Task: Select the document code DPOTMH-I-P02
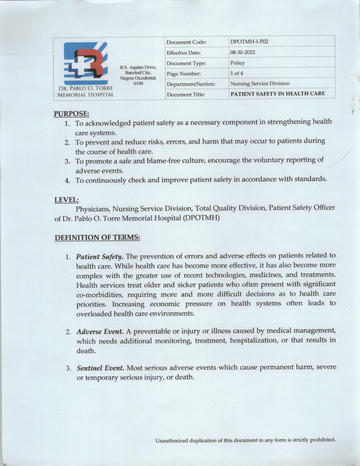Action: pos(249,42)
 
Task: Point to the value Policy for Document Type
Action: pos(237,63)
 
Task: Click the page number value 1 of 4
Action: pos(237,73)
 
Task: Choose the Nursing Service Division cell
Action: pos(260,84)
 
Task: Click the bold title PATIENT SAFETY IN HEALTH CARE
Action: pos(278,93)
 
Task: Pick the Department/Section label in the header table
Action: pos(191,84)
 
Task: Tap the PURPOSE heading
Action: pos(71,114)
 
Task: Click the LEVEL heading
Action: pos(66,200)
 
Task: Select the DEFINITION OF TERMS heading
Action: pos(97,238)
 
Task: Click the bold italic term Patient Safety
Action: pos(100,257)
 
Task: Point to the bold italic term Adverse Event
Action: pos(100,331)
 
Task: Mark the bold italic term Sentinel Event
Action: pos(101,368)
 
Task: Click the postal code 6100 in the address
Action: pos(138,83)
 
